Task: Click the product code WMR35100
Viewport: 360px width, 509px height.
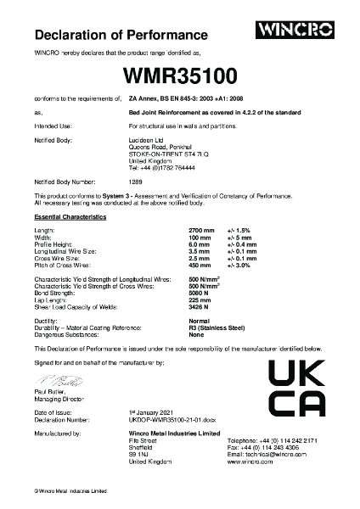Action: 179,76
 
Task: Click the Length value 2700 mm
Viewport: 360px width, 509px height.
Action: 200,230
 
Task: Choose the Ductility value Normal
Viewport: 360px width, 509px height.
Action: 199,322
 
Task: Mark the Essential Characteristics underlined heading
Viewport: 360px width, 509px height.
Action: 70,218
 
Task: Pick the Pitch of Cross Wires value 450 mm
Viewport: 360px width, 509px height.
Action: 199,265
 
